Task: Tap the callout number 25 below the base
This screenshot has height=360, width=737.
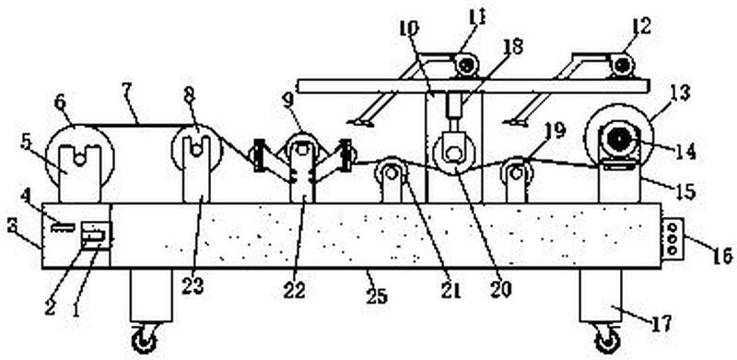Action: [x=376, y=296]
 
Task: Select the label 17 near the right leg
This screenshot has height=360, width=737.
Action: [x=661, y=324]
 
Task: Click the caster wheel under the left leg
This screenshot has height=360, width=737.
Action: [x=144, y=340]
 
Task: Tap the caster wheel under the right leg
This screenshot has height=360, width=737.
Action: [x=608, y=341]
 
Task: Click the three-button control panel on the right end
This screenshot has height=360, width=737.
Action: [x=673, y=238]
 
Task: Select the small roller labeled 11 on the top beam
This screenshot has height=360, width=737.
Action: [x=466, y=64]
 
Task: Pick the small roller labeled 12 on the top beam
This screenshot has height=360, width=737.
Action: [x=623, y=64]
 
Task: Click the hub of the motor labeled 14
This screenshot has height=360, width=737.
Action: [x=617, y=140]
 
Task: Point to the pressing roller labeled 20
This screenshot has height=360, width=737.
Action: [x=454, y=154]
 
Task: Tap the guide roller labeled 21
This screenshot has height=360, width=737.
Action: [x=390, y=173]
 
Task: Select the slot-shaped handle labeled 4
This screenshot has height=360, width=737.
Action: [x=63, y=227]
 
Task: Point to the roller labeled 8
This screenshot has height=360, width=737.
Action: [x=196, y=149]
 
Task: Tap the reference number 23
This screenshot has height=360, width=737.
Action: [x=193, y=285]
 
